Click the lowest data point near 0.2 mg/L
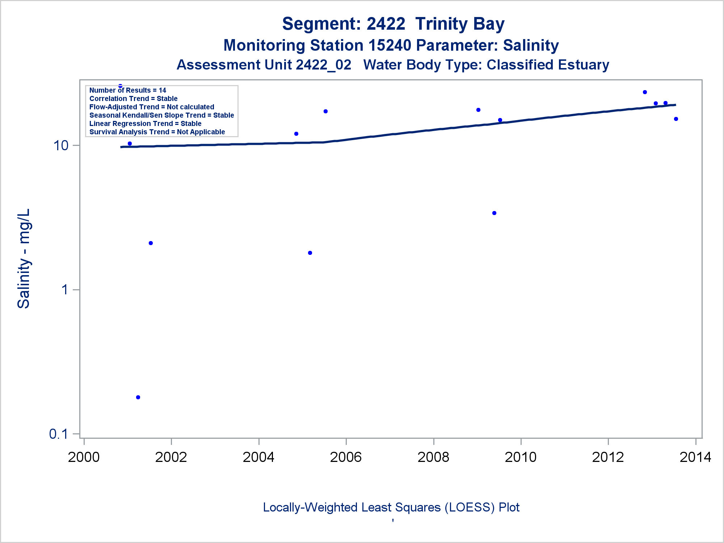tap(138, 397)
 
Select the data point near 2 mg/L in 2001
tap(151, 243)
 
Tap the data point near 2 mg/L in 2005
tap(310, 253)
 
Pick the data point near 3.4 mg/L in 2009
tap(494, 213)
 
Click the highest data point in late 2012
tap(645, 92)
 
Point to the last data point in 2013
tap(676, 119)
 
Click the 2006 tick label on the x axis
tap(346, 457)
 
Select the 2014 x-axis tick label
tap(695, 457)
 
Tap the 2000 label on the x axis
tap(84, 457)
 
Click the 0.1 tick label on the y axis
tap(59, 434)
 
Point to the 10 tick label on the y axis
tap(61, 146)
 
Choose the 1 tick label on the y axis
tap(65, 290)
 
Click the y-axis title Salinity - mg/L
tap(24, 258)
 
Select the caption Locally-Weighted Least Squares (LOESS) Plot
tap(391, 507)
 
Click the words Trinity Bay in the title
tap(460, 24)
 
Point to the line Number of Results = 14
tap(127, 90)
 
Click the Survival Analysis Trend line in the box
tap(157, 132)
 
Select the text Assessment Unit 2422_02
tap(264, 65)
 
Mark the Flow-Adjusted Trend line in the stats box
tap(152, 107)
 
